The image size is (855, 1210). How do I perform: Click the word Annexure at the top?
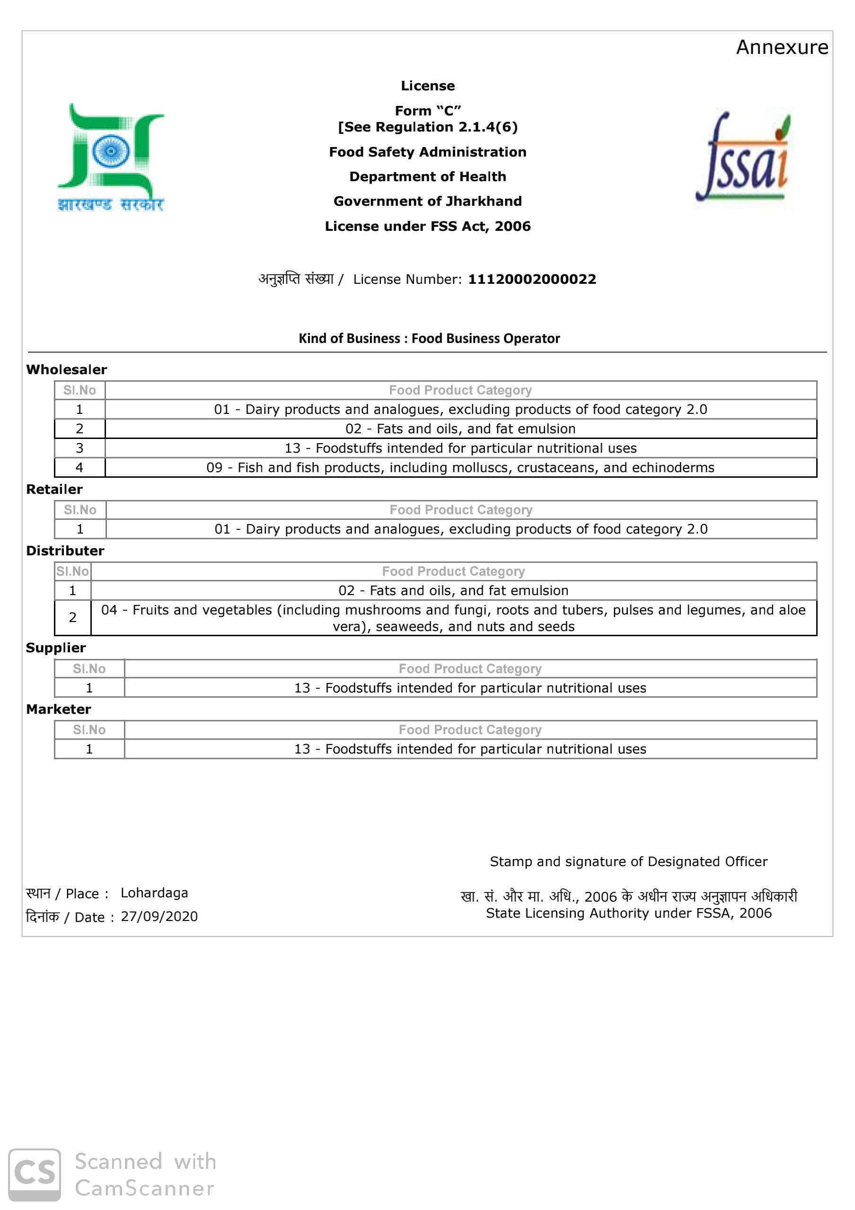click(782, 47)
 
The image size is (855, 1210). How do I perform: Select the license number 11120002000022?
click(532, 279)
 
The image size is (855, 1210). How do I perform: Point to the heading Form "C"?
click(428, 111)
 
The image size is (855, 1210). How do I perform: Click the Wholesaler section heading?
click(66, 369)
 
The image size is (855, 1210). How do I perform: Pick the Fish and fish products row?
click(460, 467)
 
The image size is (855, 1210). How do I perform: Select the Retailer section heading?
click(54, 489)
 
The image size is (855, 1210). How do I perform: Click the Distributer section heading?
click(65, 551)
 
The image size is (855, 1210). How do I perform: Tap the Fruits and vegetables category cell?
click(453, 618)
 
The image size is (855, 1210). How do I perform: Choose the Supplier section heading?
click(56, 648)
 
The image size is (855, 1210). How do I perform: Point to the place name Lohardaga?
click(154, 893)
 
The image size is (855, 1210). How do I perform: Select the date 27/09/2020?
click(159, 916)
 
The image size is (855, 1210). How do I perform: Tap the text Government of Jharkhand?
click(428, 202)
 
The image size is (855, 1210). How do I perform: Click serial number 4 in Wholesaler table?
click(79, 467)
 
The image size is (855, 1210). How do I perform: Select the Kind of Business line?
click(429, 338)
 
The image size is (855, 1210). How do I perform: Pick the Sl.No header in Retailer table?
click(80, 509)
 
